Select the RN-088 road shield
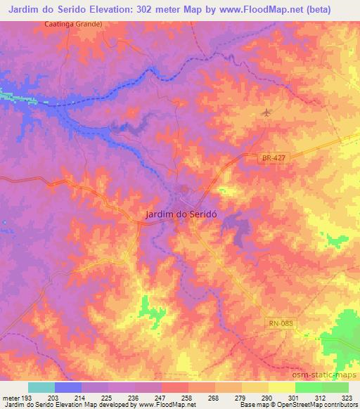click(x=279, y=323)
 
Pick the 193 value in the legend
click(x=28, y=398)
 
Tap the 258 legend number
click(x=188, y=398)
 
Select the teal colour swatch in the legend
click(x=41, y=387)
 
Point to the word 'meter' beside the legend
click(x=11, y=398)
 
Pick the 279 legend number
click(x=241, y=398)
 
